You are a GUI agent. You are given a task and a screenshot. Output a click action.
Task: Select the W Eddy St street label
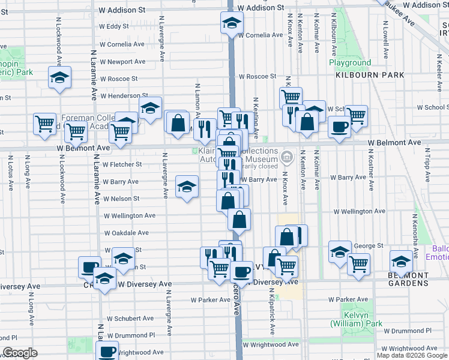114,26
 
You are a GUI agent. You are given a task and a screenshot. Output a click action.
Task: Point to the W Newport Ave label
122,61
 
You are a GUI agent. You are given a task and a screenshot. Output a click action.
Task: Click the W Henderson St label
124,96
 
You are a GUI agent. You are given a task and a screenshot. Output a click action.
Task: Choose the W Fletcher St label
122,164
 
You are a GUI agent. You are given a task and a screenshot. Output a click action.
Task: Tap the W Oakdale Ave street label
126,233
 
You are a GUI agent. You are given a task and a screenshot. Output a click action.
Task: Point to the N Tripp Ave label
427,167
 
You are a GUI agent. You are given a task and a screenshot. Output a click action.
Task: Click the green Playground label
350,62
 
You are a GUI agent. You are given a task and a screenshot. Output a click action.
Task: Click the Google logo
20,353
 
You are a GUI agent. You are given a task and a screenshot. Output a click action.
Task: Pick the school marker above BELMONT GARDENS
401,261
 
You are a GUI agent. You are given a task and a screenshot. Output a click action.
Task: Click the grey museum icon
287,158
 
